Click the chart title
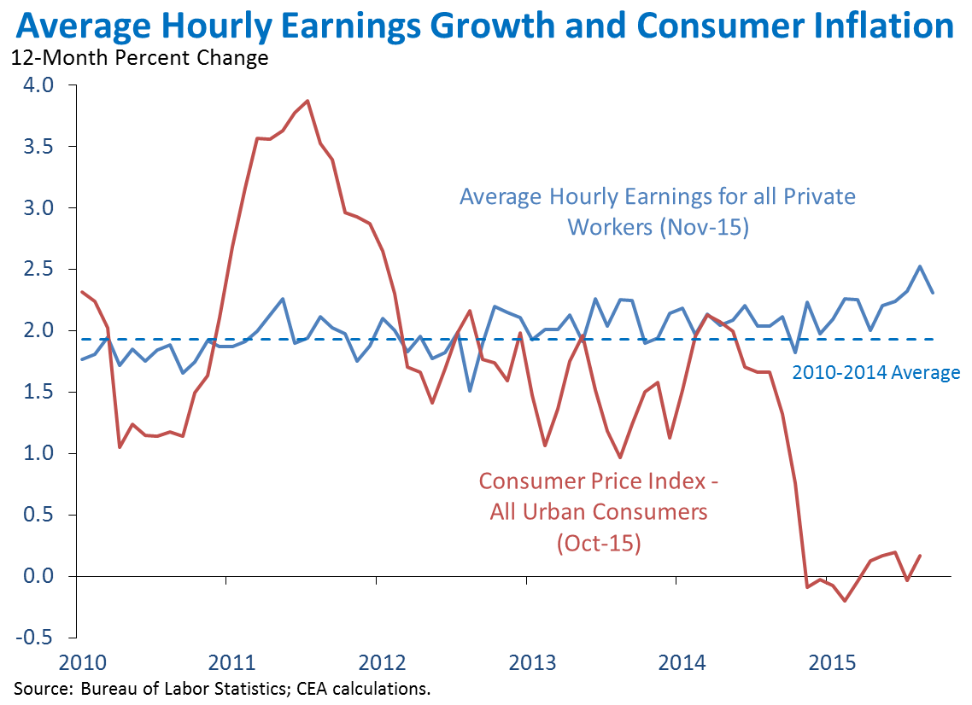click(485, 26)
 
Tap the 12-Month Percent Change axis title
click(139, 59)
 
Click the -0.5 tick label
click(36, 638)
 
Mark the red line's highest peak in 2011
click(307, 101)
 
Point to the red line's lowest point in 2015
click(845, 601)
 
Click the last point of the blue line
click(933, 292)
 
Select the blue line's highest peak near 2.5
click(920, 266)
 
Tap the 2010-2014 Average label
click(875, 372)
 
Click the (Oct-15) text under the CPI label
click(598, 542)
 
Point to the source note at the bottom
click(220, 688)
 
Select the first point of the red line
click(81, 292)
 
